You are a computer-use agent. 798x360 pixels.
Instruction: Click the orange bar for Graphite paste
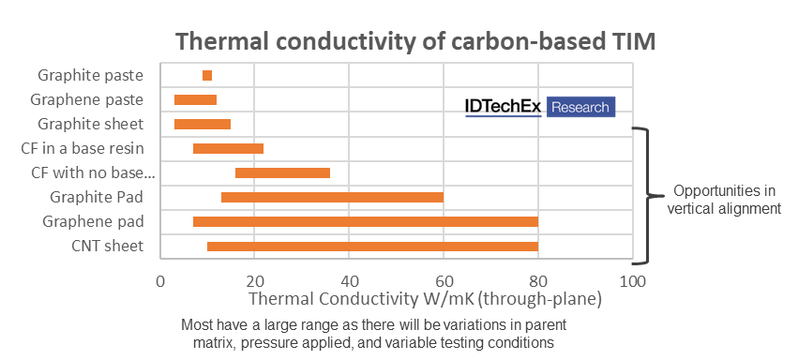pos(207,75)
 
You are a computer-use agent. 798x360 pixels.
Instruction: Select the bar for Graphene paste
pos(195,99)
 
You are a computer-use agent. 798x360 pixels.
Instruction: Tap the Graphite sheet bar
pos(203,124)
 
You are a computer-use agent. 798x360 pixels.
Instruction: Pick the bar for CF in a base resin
pos(229,148)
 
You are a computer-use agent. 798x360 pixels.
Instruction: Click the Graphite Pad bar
pos(332,197)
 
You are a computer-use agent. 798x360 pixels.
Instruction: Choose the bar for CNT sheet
pos(372,247)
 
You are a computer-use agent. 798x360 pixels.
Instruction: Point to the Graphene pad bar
pos(366,221)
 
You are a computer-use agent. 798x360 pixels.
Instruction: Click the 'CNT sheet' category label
pos(108,247)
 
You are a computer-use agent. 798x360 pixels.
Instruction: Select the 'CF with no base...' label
pos(93,173)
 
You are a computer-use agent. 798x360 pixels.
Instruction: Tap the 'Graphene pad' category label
pos(93,221)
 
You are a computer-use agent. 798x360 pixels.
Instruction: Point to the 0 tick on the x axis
pos(160,281)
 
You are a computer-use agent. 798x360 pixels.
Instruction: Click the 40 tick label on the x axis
pos(349,281)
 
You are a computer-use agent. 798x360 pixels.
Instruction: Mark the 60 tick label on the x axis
pos(443,281)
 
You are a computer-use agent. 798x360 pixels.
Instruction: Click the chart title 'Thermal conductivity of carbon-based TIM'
pos(415,41)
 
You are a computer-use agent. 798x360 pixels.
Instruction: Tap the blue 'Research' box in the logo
pos(580,107)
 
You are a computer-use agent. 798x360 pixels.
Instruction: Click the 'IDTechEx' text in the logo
pos(504,107)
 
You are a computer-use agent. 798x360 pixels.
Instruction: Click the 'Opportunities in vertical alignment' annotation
pos(724,200)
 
